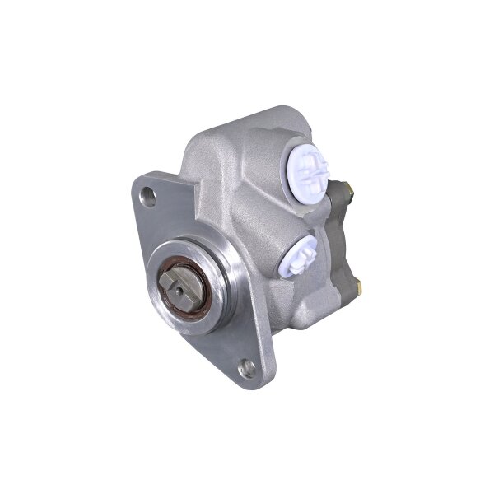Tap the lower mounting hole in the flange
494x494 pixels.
click(x=245, y=368)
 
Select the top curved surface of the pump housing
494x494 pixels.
click(x=247, y=132)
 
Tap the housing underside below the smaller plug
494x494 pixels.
click(x=305, y=305)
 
